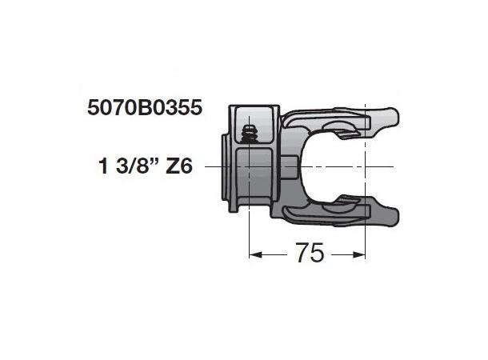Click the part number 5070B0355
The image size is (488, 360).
coord(144,107)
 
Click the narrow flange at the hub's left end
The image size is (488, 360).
coord(223,166)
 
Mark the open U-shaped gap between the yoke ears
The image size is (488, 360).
coord(344,166)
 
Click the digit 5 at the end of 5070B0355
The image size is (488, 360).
coord(196,107)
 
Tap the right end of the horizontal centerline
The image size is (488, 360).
coord(394,166)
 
